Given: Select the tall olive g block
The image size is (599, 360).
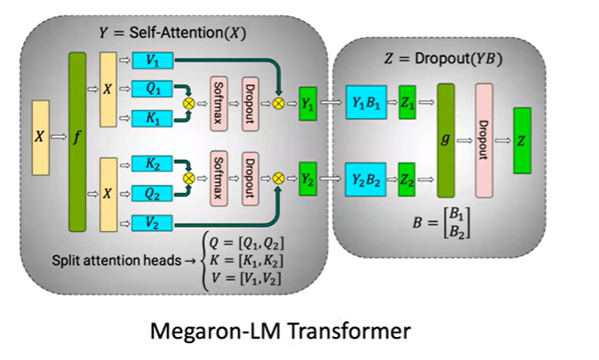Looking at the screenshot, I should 445,140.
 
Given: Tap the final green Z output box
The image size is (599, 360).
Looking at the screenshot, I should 522,140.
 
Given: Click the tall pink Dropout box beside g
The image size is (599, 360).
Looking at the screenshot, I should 483,140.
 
